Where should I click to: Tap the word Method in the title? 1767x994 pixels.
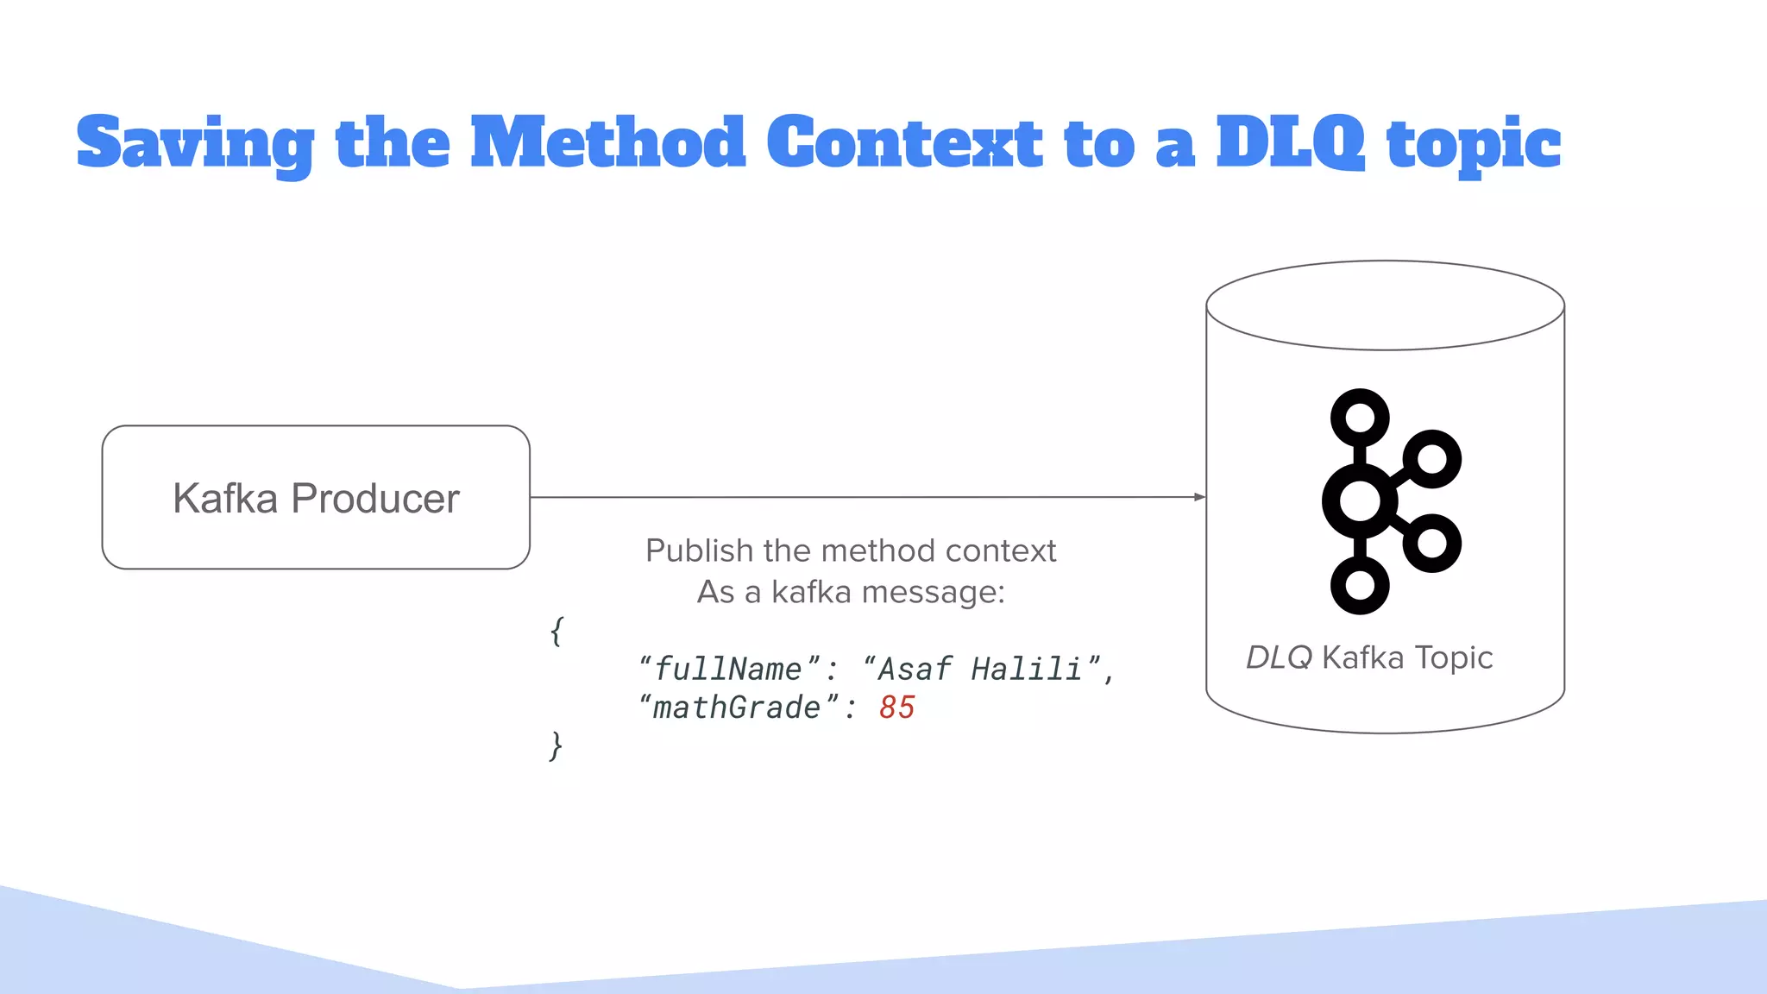click(x=607, y=142)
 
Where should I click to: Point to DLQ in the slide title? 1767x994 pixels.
click(x=1290, y=142)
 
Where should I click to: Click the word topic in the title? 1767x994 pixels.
click(x=1474, y=145)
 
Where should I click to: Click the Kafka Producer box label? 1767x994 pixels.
click(x=316, y=498)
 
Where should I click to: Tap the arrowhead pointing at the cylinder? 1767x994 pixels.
click(x=1198, y=497)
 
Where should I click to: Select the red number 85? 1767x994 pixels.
click(x=896, y=708)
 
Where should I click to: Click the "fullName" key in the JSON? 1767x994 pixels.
click(x=729, y=669)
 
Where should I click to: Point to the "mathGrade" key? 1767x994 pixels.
click(x=738, y=708)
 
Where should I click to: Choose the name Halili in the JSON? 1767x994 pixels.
click(x=1027, y=669)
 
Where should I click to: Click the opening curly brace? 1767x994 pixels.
click(x=557, y=631)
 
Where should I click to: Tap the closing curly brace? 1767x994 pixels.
click(x=557, y=745)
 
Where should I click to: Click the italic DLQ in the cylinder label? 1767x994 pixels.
click(x=1279, y=657)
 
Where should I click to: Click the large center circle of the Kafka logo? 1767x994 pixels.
click(x=1360, y=500)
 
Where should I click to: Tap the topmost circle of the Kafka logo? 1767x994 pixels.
click(x=1360, y=418)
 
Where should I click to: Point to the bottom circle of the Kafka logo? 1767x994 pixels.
click(x=1360, y=585)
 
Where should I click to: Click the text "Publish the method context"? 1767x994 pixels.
click(x=850, y=550)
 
